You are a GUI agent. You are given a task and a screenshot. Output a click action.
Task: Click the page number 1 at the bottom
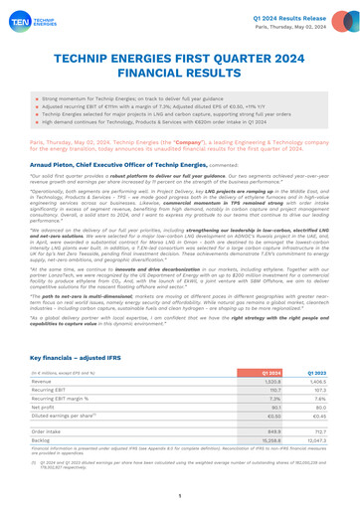click(180, 494)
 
